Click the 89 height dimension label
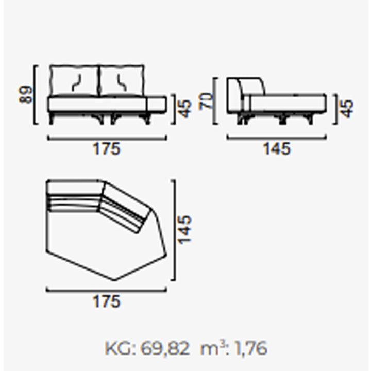pos(25,95)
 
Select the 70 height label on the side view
pos(206,102)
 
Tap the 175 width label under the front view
pos(107,149)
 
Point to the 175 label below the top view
pos(107,301)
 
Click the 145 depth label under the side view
pos(277,149)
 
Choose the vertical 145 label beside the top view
pos(184,230)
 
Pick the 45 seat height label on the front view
pos(184,109)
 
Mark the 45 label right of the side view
pos(347,109)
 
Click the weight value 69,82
pos(165,348)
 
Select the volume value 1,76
pos(251,348)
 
